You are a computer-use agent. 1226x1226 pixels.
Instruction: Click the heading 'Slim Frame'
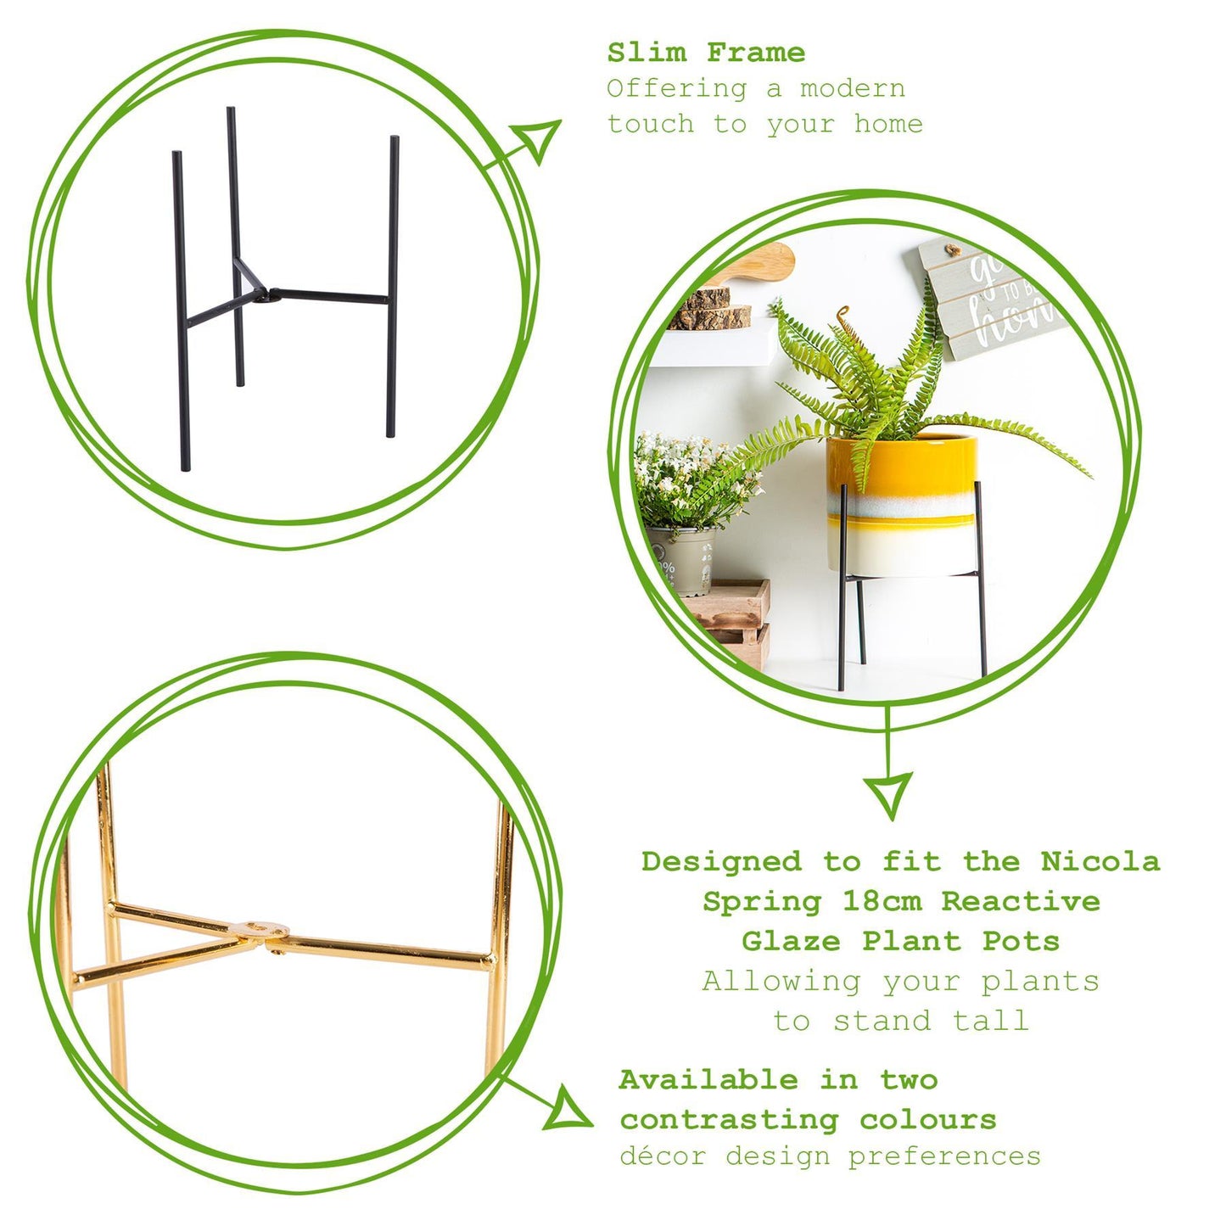tap(706, 53)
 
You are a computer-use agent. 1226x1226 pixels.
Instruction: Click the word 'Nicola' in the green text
tap(1100, 861)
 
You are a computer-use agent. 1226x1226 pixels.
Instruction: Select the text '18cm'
tap(882, 901)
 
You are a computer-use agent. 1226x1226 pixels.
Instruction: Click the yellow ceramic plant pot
tap(901, 505)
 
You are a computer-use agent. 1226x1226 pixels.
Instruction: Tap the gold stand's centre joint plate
tap(259, 932)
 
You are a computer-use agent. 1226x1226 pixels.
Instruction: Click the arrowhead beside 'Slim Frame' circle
tap(540, 139)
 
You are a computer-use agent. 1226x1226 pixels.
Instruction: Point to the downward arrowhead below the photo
tap(888, 792)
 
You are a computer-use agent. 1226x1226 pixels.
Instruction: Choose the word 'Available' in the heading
tap(708, 1080)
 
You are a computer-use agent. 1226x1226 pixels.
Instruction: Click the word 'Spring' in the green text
tap(761, 901)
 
